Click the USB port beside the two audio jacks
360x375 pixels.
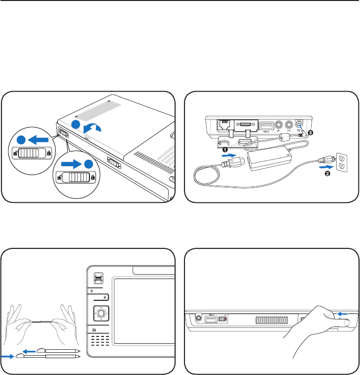[x=267, y=126]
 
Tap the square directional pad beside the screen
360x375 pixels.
[x=101, y=313]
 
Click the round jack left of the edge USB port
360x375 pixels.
[x=198, y=319]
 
